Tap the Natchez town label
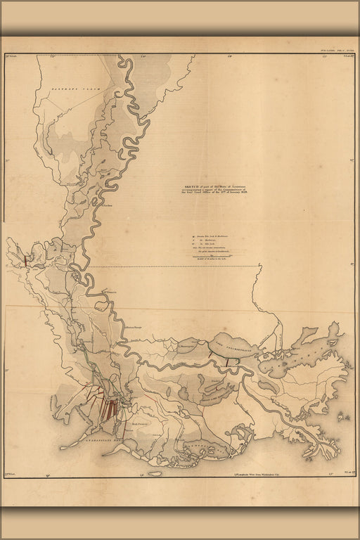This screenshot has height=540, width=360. tap(106, 205)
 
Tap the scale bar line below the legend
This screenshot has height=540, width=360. tap(211, 259)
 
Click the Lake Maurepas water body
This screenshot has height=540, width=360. tap(186, 345)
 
